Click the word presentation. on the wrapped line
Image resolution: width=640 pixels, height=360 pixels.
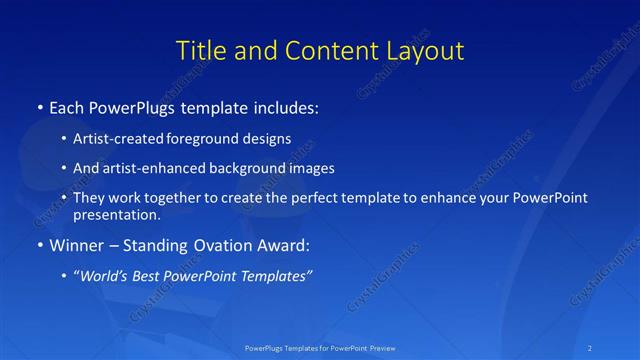(x=117, y=214)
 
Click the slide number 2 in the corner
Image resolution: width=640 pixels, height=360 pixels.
(x=591, y=347)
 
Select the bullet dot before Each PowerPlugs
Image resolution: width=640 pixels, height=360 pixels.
(x=40, y=106)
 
